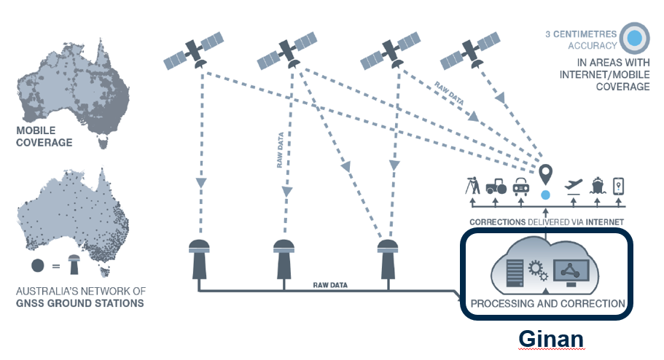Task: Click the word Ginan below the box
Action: [552, 340]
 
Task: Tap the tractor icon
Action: [496, 186]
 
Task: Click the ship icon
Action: [598, 185]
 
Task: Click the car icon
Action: [521, 186]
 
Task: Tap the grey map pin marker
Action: [546, 175]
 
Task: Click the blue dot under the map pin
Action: [546, 195]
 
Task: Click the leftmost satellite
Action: [193, 51]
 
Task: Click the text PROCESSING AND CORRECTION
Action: [548, 302]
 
